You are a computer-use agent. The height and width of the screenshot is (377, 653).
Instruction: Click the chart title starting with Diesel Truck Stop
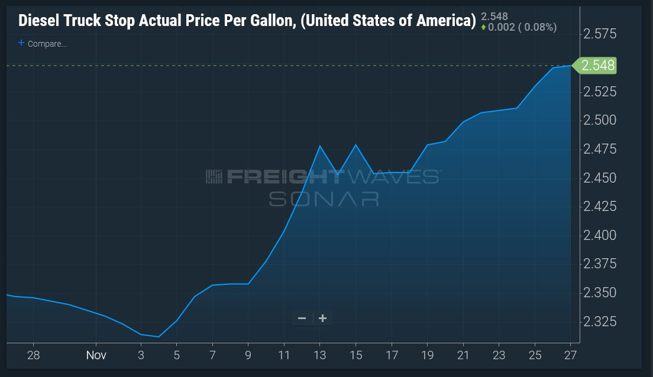[247, 21]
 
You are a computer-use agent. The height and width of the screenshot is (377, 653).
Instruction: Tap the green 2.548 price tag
[594, 66]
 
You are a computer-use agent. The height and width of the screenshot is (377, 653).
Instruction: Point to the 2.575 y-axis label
[600, 34]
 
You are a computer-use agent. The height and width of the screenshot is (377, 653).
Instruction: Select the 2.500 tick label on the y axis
[600, 120]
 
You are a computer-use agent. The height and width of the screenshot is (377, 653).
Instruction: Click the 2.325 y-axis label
[600, 321]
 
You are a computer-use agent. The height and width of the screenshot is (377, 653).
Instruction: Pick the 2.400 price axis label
[600, 235]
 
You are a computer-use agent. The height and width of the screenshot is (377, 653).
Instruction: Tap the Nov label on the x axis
[96, 355]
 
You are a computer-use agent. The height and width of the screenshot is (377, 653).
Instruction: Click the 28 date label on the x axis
[33, 355]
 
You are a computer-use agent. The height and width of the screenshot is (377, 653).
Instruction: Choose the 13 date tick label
[320, 355]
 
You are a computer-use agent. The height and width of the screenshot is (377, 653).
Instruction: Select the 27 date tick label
[571, 355]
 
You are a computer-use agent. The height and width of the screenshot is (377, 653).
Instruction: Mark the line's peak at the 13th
[320, 145]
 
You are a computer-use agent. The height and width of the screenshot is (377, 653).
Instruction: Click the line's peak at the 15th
[355, 144]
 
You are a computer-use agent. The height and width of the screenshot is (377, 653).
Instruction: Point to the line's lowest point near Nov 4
[159, 337]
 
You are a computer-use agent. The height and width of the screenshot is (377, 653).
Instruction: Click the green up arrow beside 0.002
[483, 27]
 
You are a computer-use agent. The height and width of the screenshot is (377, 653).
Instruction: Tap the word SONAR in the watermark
[324, 199]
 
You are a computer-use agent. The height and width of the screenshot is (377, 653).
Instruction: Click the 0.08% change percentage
[541, 27]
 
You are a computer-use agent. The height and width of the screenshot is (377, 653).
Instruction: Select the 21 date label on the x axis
[463, 355]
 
